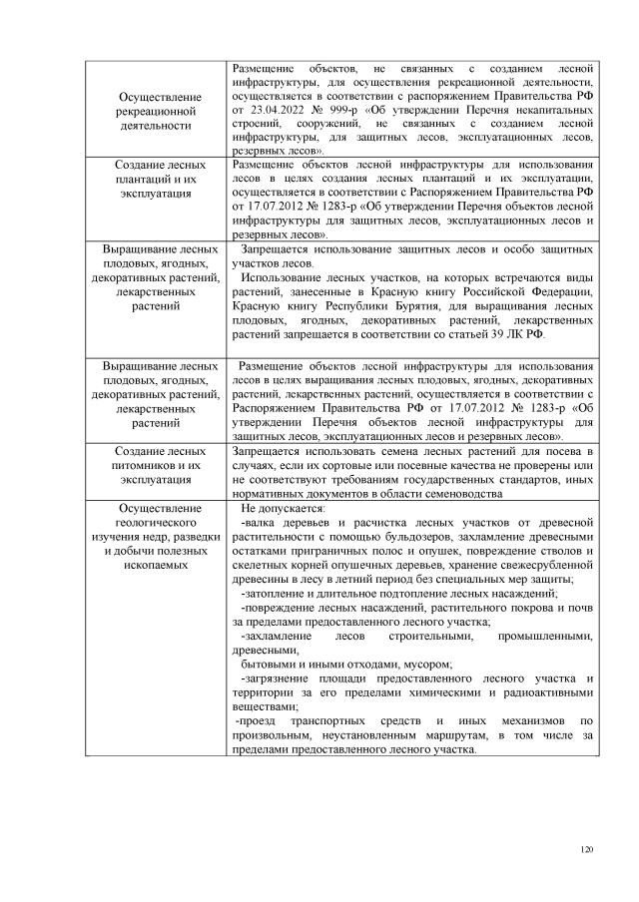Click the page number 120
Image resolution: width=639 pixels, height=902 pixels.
586,849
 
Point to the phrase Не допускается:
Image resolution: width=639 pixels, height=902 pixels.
276,508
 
